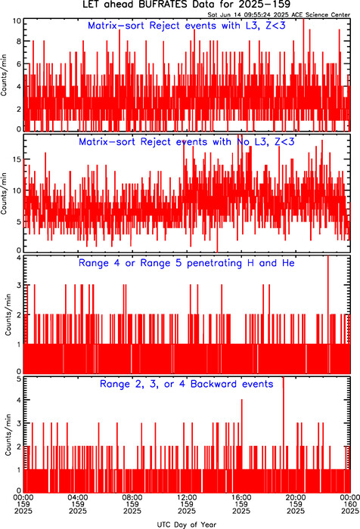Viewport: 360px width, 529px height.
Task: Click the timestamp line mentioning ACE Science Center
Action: [279, 14]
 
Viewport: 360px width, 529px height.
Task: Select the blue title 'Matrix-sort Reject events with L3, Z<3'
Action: [187, 26]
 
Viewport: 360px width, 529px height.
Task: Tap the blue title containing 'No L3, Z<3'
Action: [187, 142]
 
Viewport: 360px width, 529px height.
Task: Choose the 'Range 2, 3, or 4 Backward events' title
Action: [187, 384]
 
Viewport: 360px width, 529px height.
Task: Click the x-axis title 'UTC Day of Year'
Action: [187, 524]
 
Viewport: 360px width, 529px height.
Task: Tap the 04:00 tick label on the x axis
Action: [78, 497]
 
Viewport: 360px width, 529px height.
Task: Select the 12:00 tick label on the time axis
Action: [187, 497]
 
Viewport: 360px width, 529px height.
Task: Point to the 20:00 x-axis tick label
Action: [296, 497]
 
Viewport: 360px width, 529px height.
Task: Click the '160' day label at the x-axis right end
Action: [350, 504]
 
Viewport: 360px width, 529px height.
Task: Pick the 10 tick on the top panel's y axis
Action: [17, 21]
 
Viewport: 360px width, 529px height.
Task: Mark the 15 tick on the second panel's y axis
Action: [17, 159]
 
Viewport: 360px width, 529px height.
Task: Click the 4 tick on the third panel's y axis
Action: [19, 258]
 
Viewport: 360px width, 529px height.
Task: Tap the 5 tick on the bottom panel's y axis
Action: [19, 379]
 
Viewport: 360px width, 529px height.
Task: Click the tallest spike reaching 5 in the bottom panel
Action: [284, 435]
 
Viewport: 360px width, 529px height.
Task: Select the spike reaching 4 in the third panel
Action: [328, 314]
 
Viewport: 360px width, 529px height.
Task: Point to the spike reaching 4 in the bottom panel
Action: [242, 445]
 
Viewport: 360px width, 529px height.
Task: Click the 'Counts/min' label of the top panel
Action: [4, 75]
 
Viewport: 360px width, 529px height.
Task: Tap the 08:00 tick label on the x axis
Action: [132, 497]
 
